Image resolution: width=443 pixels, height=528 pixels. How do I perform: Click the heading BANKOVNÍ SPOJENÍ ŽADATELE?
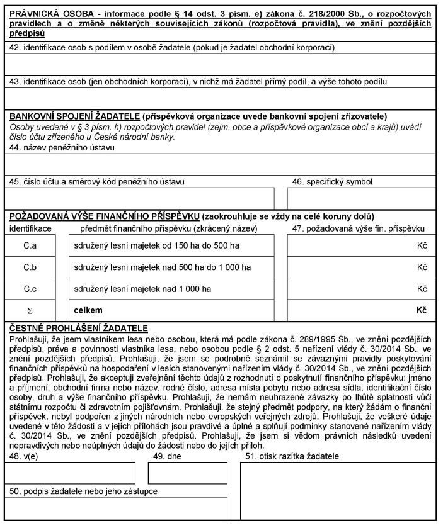click(x=74, y=116)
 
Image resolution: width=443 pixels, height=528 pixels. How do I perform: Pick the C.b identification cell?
click(x=30, y=267)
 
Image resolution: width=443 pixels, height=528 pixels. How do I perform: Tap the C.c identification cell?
click(x=30, y=289)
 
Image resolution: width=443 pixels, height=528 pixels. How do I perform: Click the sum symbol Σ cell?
click(x=30, y=310)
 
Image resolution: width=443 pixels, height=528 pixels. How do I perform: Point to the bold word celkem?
click(x=88, y=310)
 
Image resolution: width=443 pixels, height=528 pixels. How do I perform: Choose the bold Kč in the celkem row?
click(x=421, y=310)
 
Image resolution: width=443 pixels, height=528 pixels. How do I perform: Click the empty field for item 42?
click(x=221, y=64)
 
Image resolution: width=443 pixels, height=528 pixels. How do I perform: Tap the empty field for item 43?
click(x=221, y=98)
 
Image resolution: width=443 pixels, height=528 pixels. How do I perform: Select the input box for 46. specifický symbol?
click(x=360, y=198)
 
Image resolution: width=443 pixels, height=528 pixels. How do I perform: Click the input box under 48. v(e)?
click(x=71, y=473)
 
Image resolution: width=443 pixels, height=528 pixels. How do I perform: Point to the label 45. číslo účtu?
click(x=96, y=182)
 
